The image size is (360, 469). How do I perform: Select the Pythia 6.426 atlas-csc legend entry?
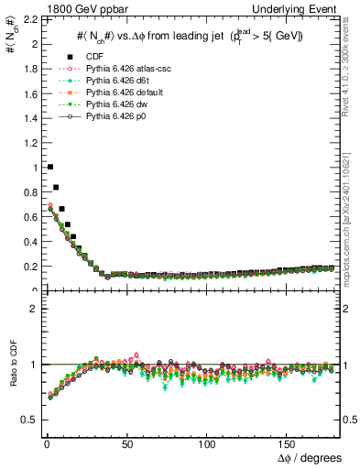[124, 70]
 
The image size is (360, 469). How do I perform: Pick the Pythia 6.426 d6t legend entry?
[115, 82]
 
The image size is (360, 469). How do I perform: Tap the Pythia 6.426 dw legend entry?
[115, 105]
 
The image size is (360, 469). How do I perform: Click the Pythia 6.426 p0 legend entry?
[115, 117]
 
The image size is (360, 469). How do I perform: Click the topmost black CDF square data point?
[49, 167]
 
